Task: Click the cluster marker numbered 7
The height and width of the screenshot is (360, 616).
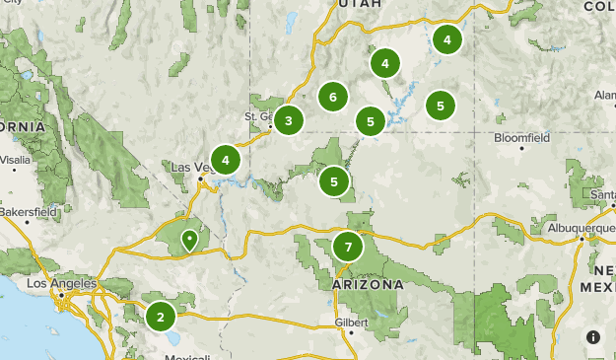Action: click(348, 247)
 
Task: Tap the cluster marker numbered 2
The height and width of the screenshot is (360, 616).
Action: click(161, 317)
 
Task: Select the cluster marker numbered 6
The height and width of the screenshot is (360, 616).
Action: click(333, 97)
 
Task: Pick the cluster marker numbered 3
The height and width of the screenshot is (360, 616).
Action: click(289, 121)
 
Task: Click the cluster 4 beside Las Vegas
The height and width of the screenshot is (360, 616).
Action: click(226, 160)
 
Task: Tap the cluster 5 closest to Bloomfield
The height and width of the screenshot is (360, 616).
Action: click(441, 105)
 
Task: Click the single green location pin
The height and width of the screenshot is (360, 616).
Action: click(189, 240)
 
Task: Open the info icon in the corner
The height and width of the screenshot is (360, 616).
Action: click(593, 337)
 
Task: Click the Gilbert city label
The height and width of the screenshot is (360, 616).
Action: click(352, 322)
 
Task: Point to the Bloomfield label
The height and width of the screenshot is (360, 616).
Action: click(521, 138)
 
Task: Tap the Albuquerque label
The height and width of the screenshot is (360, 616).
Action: click(582, 228)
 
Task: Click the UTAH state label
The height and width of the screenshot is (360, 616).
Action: click(358, 5)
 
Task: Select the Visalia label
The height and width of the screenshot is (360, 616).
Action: click(16, 158)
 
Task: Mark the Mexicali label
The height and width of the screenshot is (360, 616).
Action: click(186, 356)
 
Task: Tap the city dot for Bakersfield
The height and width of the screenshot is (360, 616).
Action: click(27, 222)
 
